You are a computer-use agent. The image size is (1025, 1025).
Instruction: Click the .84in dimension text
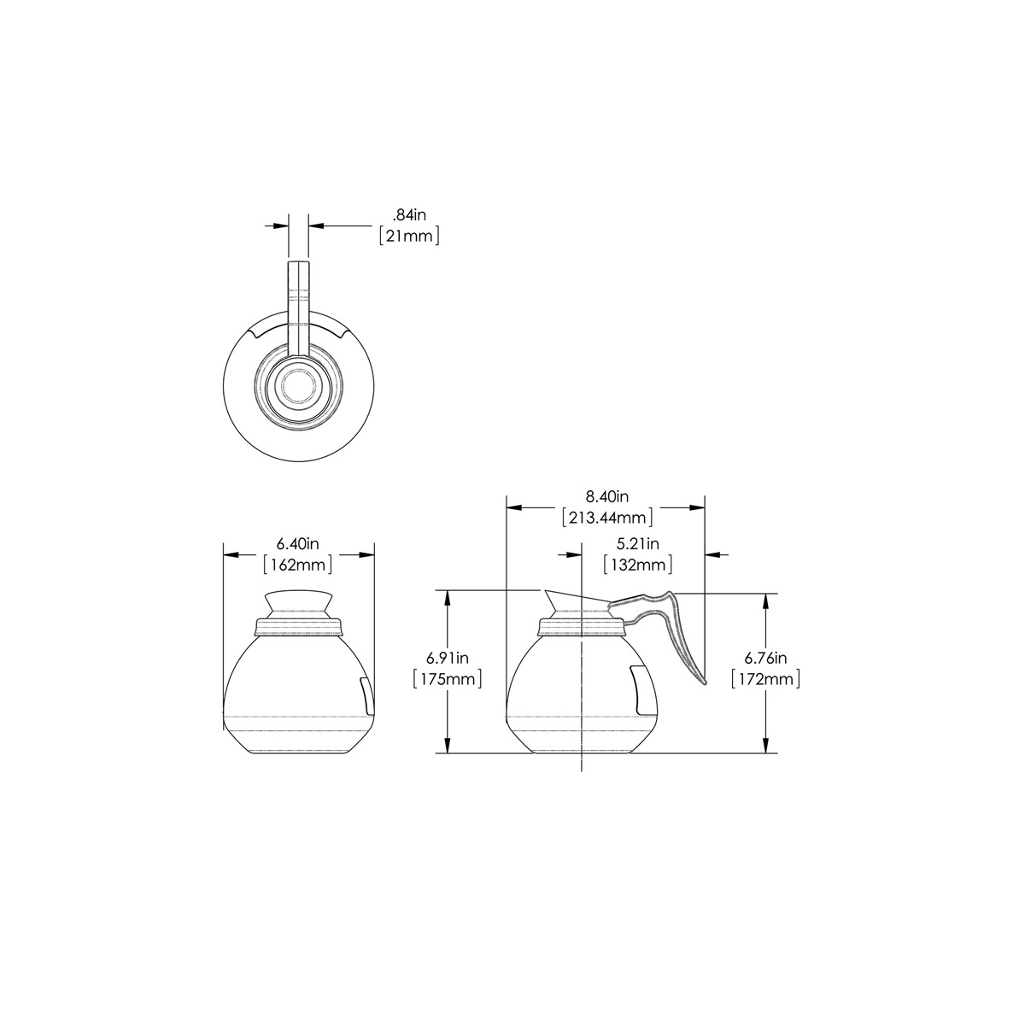click(x=410, y=215)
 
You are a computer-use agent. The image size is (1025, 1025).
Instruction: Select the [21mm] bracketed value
click(x=410, y=236)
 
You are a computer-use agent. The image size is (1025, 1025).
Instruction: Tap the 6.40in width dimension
click(x=297, y=543)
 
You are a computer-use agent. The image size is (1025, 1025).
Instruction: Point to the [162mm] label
click(x=298, y=565)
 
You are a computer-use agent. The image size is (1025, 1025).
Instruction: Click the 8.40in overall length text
click(x=607, y=496)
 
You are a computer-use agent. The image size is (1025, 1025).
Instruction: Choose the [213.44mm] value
click(x=607, y=517)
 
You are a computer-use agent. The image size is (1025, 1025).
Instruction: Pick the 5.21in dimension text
click(x=638, y=543)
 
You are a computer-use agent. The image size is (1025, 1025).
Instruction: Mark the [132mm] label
click(x=638, y=565)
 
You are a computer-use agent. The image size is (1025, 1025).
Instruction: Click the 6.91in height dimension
click(x=448, y=658)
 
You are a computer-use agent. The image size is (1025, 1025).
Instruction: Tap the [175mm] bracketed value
click(x=448, y=679)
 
